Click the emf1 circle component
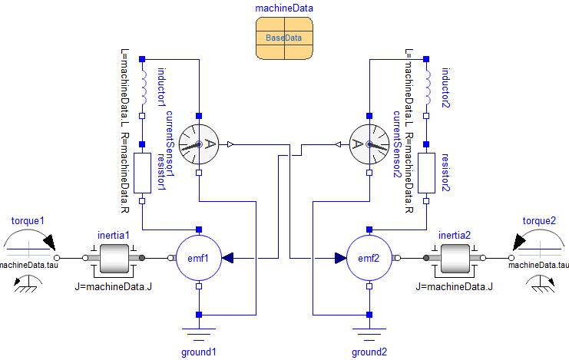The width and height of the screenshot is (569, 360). click(199, 259)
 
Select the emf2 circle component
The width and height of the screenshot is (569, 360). click(369, 259)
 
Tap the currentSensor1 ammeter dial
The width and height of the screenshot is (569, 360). click(199, 144)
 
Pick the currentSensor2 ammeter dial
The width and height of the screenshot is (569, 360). click(369, 144)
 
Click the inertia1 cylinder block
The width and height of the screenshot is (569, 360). click(117, 259)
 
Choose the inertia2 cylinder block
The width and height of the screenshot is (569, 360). click(458, 259)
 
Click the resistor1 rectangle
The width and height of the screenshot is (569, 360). click(142, 173)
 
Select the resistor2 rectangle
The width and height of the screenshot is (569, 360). click(427, 173)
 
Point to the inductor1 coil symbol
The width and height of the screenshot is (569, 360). click(142, 86)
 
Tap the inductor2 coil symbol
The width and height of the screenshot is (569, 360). click(427, 86)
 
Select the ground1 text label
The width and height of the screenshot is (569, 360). click(199, 352)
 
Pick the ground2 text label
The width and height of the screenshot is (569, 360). click(369, 352)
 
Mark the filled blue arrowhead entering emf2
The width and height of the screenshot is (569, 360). click(340, 259)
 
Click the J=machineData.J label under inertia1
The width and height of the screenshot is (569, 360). click(117, 286)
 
